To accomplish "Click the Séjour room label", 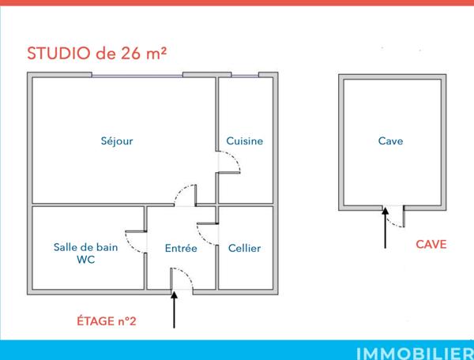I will (117, 141).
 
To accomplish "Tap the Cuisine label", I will (244, 141).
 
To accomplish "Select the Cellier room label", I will (244, 248).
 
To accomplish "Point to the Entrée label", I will (181, 248).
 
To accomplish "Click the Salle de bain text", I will (86, 247).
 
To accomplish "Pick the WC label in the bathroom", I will (85, 260).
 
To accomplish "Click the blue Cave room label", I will (390, 141).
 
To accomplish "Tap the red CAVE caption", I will (431, 245).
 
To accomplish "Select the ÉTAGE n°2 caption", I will (107, 321).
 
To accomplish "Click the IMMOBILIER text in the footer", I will (412, 351).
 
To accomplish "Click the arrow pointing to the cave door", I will (386, 230).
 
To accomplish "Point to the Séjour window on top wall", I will (137, 76).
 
